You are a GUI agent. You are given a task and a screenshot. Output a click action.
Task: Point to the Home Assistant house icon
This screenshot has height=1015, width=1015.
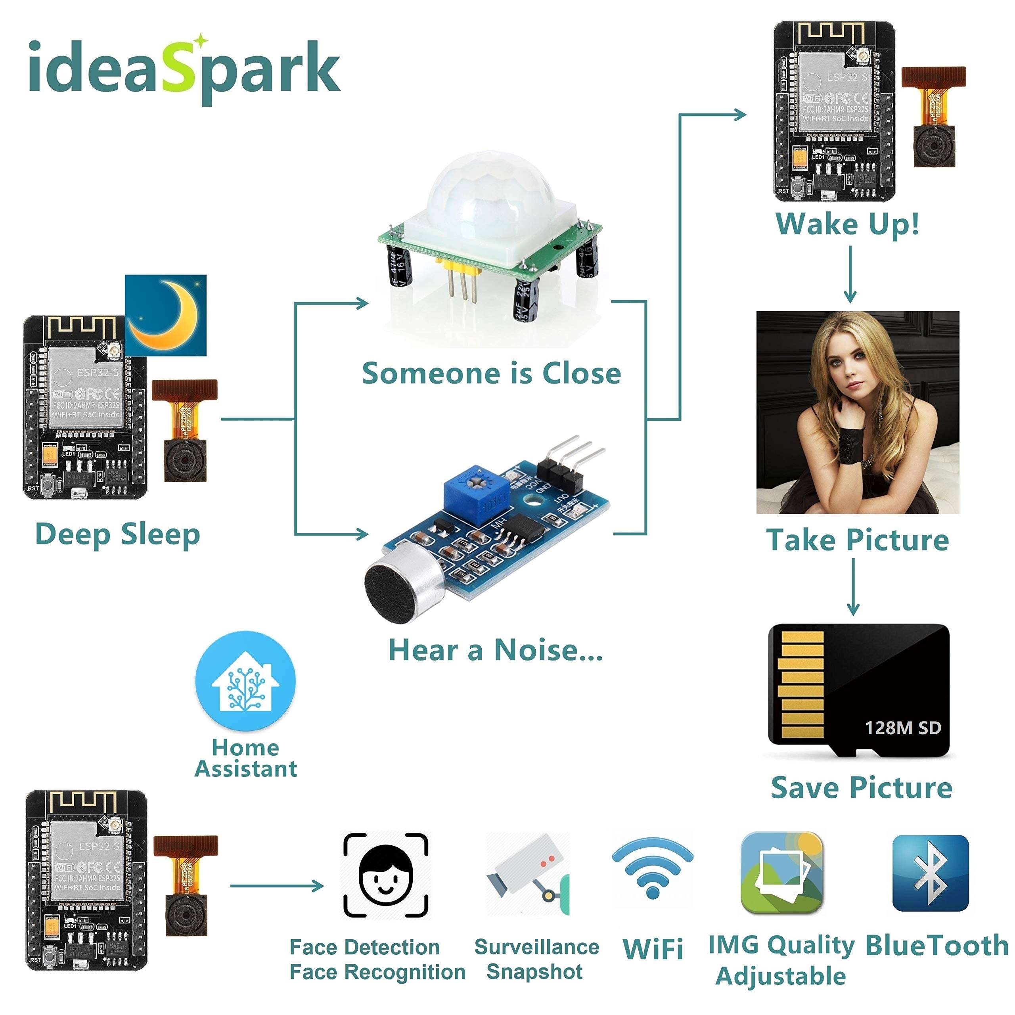245,682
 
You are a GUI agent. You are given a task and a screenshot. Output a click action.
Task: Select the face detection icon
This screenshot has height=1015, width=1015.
386,874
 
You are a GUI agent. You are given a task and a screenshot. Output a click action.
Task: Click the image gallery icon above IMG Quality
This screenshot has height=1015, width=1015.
781,874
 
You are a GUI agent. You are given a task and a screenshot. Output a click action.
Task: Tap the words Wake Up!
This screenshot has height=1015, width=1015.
847,224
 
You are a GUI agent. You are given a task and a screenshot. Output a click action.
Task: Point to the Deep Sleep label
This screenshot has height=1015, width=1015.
118,534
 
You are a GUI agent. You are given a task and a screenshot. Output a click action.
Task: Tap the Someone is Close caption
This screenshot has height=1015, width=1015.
491,373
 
